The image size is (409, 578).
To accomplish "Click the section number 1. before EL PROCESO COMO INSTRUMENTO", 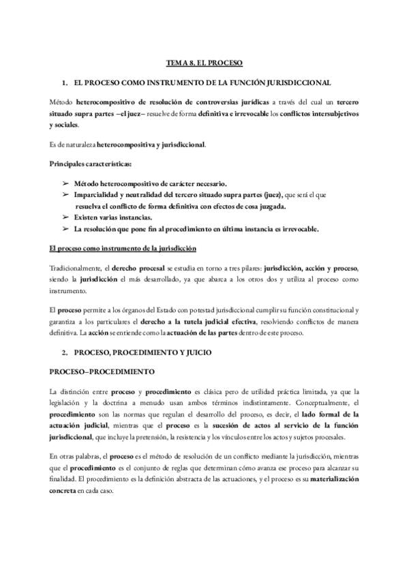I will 65,82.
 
